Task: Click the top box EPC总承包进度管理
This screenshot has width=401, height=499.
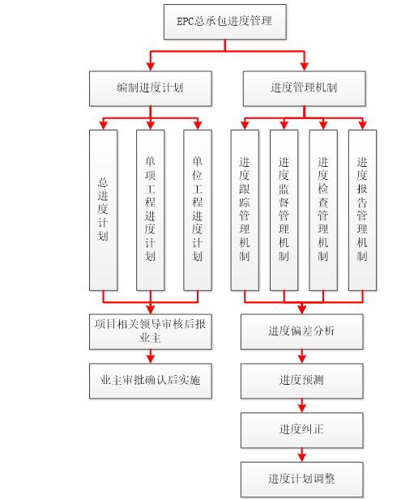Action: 224,22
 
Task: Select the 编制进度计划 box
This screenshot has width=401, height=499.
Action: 150,88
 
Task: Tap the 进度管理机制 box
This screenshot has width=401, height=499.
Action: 304,88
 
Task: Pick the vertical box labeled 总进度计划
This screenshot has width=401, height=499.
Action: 103,210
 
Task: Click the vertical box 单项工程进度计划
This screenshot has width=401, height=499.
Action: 150,210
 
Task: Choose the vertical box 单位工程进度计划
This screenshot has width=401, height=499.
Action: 197,210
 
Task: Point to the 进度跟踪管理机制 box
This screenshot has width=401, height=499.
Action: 245,210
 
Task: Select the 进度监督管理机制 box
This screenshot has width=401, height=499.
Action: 284,210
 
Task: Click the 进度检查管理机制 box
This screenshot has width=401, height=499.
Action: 323,210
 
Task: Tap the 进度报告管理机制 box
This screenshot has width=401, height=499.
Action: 362,210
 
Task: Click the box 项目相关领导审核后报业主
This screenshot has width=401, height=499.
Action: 150,331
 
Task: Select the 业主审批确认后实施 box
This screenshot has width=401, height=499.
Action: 150,380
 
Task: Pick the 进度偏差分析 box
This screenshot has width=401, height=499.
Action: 301,331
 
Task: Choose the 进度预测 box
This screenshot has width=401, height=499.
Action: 301,380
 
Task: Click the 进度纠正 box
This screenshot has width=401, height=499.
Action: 301,429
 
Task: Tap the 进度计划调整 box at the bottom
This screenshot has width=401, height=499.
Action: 301,479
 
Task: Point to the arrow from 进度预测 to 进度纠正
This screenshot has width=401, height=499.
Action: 301,405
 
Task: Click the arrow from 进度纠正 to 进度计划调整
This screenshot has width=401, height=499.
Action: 301,454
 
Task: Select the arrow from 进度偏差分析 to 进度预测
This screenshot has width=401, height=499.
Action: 301,356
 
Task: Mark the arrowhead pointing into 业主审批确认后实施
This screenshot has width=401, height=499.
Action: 150,359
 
